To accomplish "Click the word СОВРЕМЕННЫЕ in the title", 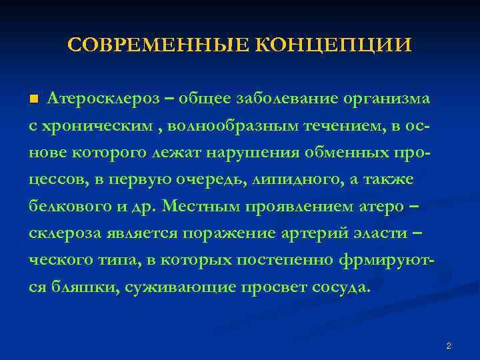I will click(159, 45).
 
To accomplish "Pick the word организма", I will click(387, 99).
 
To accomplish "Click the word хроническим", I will click(101, 125).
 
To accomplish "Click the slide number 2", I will click(449, 346).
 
